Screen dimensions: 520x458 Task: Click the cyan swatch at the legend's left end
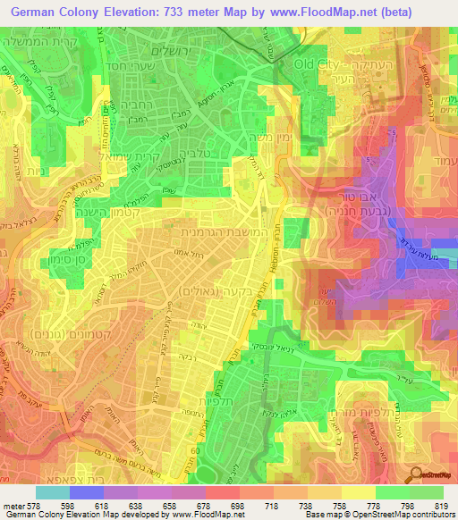point(53,492)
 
